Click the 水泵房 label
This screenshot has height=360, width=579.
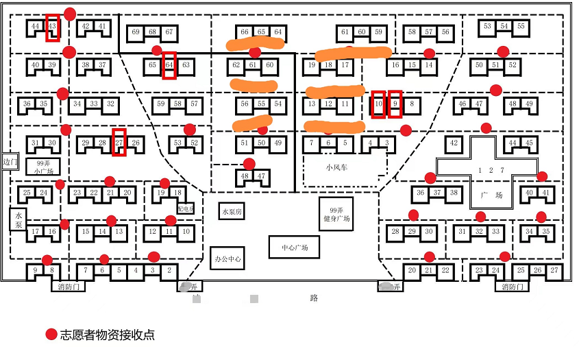tap(232, 211)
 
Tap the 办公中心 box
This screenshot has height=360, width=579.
tap(228, 259)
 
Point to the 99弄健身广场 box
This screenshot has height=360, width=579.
tap(336, 214)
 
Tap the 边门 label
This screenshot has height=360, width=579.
tap(9, 162)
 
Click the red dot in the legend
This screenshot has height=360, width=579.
tap(51, 335)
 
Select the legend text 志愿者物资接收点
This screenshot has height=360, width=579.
tap(107, 335)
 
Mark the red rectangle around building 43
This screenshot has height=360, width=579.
tap(52, 27)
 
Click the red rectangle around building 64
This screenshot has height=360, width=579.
tap(169, 65)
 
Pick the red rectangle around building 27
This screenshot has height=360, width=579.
tap(119, 142)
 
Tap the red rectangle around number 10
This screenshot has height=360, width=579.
tap(378, 104)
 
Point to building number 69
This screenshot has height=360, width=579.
tap(136, 32)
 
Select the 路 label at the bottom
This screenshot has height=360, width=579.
tap(314, 298)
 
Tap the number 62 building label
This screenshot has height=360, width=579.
tap(236, 65)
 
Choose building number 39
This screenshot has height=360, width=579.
tap(52, 65)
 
